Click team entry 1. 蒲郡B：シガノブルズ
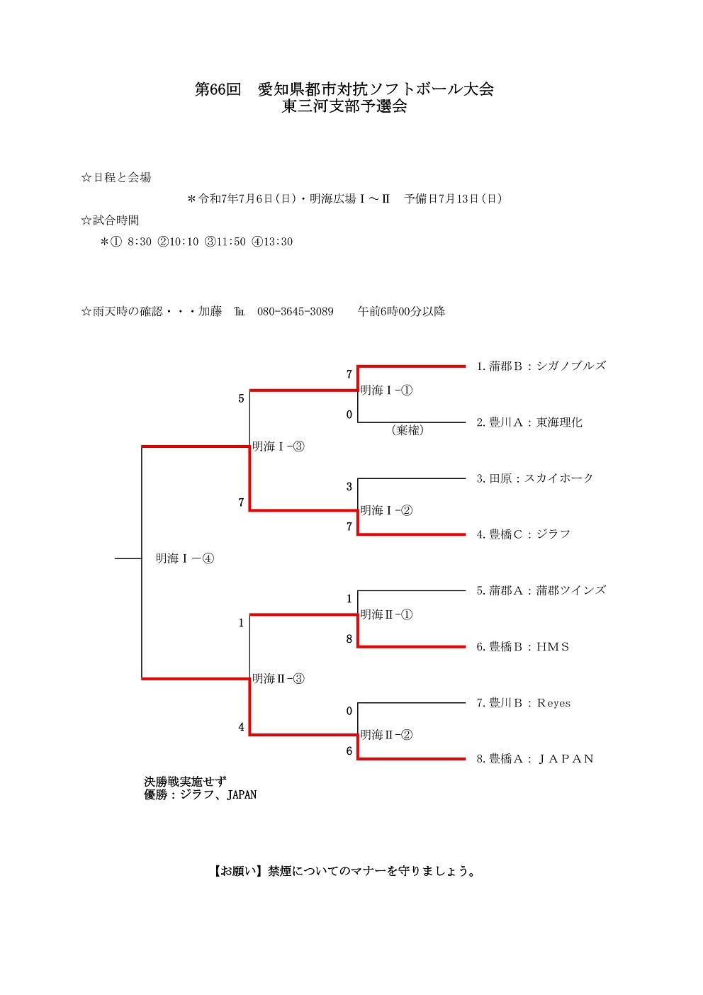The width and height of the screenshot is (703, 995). (x=541, y=366)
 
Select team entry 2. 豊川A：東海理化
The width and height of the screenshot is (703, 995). (x=529, y=422)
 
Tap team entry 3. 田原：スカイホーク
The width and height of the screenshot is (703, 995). (x=534, y=478)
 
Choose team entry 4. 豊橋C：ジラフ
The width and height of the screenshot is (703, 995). (x=523, y=534)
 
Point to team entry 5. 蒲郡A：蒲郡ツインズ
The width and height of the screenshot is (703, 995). (x=541, y=590)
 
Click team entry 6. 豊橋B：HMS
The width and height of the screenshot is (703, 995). (x=522, y=646)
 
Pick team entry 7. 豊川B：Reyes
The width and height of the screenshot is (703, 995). (x=523, y=703)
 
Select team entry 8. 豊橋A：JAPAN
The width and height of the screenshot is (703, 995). (x=534, y=759)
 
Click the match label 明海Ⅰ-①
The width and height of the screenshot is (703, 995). (x=386, y=390)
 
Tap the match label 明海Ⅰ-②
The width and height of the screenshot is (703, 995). (x=386, y=510)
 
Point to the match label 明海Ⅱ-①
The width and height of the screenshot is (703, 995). (x=386, y=614)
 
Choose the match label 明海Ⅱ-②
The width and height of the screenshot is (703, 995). (x=386, y=735)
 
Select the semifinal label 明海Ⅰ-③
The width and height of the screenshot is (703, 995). (x=279, y=446)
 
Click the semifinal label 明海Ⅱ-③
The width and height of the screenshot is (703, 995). (x=279, y=679)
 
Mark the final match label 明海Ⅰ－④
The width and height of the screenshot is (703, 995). (x=185, y=558)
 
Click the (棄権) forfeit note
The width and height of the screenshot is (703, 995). (x=407, y=430)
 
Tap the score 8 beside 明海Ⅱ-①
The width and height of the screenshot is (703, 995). (x=349, y=639)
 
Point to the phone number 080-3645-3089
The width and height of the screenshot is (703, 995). (x=295, y=311)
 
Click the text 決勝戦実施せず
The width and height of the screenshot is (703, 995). (x=186, y=782)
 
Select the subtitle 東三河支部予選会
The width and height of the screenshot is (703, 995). (x=344, y=107)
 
